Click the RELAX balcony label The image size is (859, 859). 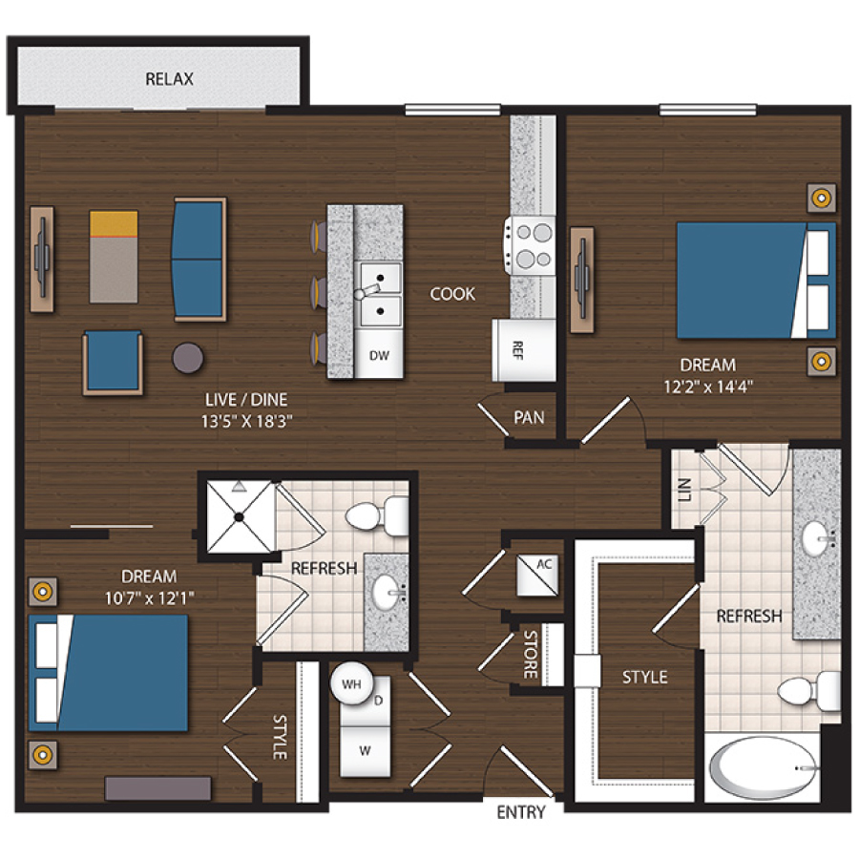[169, 78]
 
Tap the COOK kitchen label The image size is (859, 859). [451, 294]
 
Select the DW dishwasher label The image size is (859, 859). [379, 355]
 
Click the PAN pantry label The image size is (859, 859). [529, 417]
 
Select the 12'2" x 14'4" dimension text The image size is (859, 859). [707, 387]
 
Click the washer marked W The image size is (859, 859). [365, 750]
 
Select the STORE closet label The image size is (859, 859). [531, 655]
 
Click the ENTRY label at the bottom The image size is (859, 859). [521, 813]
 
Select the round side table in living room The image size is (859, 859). [188, 357]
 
